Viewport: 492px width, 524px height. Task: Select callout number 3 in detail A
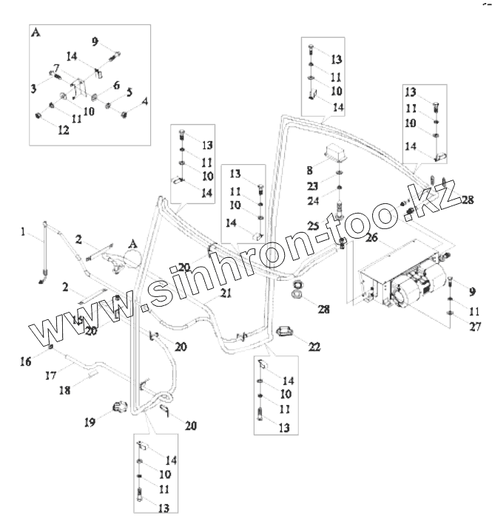[x=34, y=88]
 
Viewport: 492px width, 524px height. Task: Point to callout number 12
[x=64, y=130]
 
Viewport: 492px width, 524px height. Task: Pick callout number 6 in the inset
[x=115, y=86]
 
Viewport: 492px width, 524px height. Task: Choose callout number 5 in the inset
[x=129, y=92]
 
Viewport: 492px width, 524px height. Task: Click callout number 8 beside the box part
[x=310, y=169]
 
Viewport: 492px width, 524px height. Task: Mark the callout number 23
[x=314, y=187]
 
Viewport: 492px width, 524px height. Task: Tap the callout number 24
[x=314, y=200]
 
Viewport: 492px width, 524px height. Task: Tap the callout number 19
[x=90, y=423]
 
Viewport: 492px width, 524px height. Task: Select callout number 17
[x=51, y=375]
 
